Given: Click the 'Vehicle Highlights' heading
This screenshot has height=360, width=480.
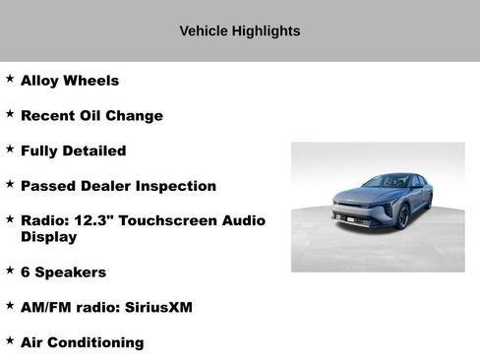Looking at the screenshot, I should [240, 31].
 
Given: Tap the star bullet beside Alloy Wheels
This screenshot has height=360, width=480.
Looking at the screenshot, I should [10, 79].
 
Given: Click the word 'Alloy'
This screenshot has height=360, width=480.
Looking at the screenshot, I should [39, 81].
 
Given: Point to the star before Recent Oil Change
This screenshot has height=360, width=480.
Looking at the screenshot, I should [10, 114].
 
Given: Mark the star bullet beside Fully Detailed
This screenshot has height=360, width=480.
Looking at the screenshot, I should [10, 150].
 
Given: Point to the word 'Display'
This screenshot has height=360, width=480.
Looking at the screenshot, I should [48, 237].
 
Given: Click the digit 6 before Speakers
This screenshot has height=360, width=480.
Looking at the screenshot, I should [26, 272].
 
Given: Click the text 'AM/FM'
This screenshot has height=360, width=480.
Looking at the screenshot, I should [46, 308].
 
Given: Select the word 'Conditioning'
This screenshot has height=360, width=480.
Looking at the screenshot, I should [97, 343].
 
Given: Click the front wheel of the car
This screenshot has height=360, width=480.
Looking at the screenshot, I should [403, 216].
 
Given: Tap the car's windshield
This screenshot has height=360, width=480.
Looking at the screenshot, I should [386, 182].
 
